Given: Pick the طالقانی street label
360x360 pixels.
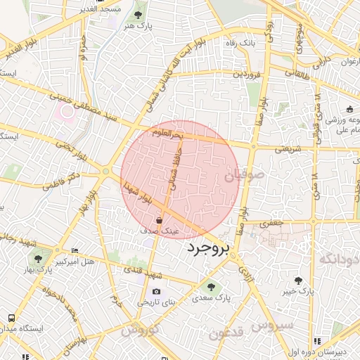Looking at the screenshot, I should pyautogui.click(x=298, y=72).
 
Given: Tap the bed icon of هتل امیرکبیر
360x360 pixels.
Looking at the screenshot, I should pyautogui.click(x=75, y=251).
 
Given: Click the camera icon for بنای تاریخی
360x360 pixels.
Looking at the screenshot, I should pyautogui.click(x=156, y=291).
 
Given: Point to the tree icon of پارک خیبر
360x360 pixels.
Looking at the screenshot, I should pyautogui.click(x=299, y=279).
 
